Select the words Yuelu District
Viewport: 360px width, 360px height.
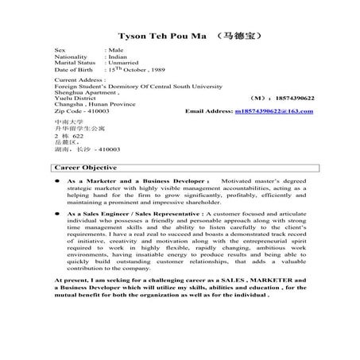coord(74,99)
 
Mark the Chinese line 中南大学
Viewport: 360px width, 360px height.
coord(65,122)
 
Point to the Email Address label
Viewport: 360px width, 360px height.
coord(209,112)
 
